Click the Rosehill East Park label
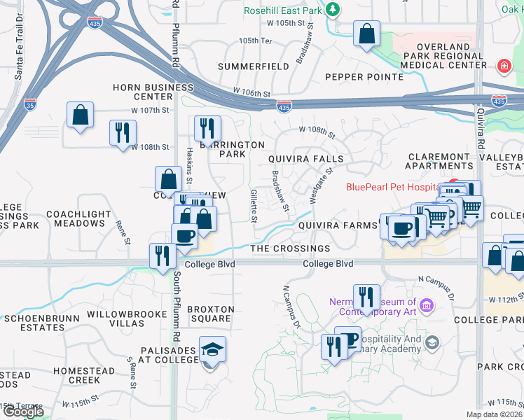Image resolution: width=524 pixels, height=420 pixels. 284,10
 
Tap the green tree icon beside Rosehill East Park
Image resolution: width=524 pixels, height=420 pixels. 335,9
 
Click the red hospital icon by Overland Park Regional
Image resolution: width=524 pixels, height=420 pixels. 503,67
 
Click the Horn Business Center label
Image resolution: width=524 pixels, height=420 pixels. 153,92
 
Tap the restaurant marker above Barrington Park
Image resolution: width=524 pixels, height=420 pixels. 207,128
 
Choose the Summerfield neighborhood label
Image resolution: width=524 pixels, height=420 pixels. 253,66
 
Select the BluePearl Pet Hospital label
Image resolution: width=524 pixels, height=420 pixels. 397,187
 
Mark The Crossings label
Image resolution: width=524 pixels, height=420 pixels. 290,248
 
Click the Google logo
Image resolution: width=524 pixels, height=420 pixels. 22,412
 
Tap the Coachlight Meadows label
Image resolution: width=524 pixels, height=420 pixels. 75,218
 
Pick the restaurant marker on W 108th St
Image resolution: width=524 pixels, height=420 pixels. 123,132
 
